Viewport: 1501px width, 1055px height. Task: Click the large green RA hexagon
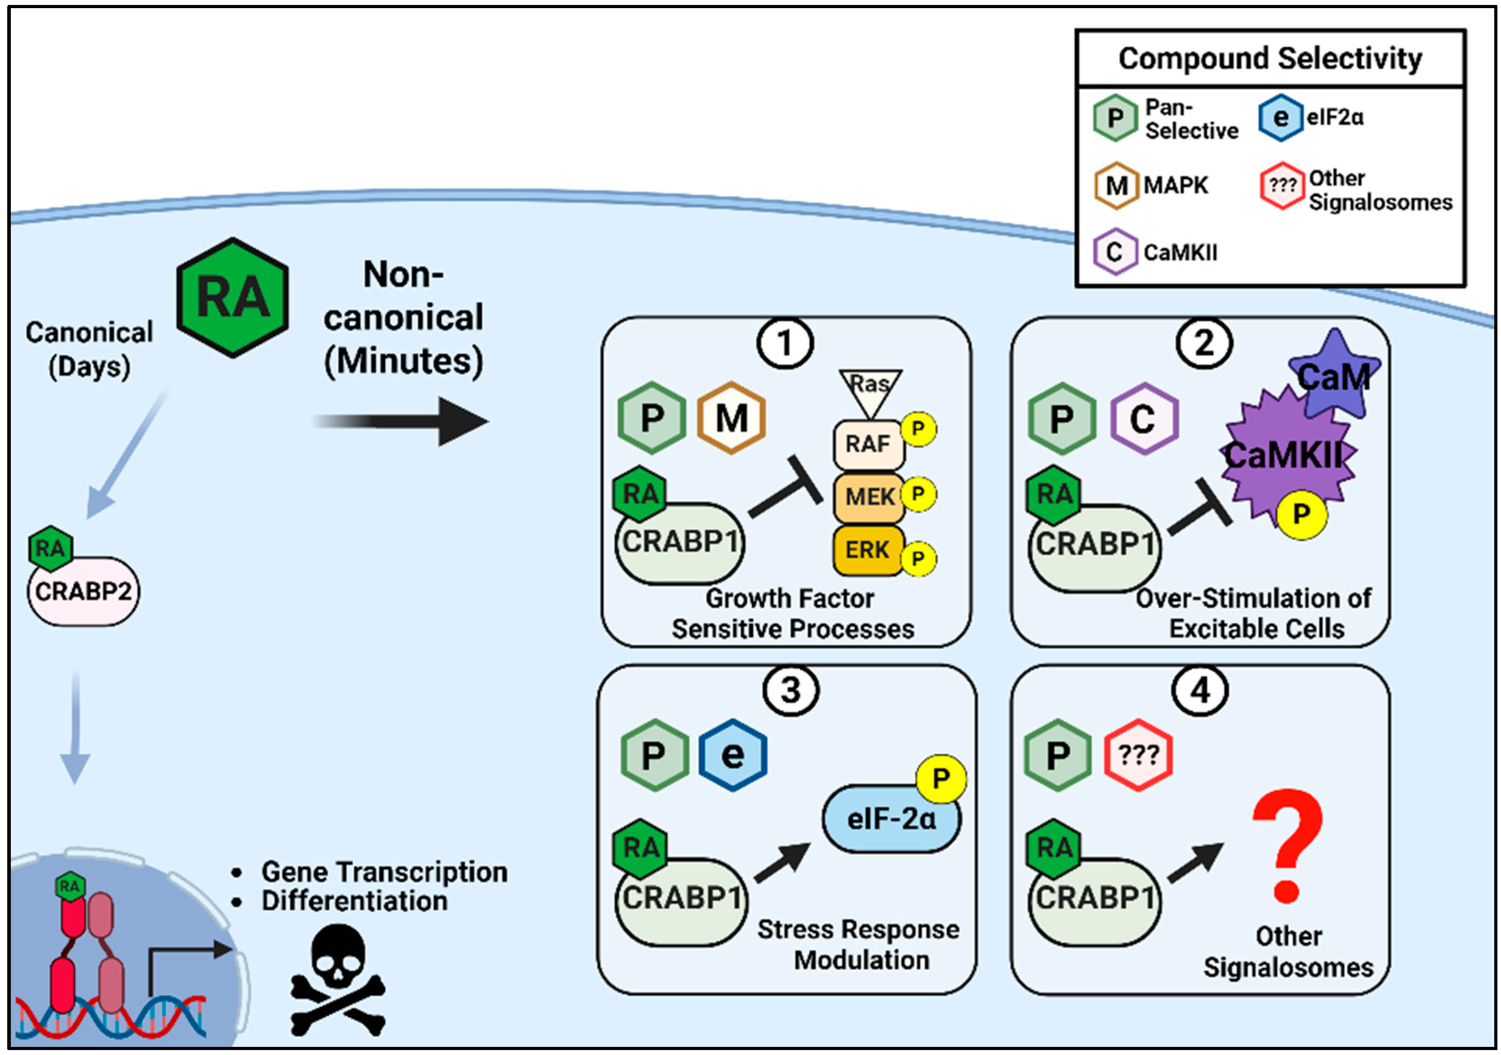(x=233, y=298)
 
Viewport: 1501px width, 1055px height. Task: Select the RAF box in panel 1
(x=868, y=445)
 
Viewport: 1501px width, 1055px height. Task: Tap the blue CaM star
(x=1334, y=376)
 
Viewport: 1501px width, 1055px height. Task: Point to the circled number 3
(x=790, y=691)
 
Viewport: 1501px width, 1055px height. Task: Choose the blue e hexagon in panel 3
(x=732, y=755)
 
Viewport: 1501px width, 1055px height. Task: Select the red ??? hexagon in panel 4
(x=1138, y=755)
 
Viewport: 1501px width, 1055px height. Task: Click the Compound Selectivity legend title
(x=1270, y=58)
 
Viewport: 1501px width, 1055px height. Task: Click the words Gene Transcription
(x=385, y=872)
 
